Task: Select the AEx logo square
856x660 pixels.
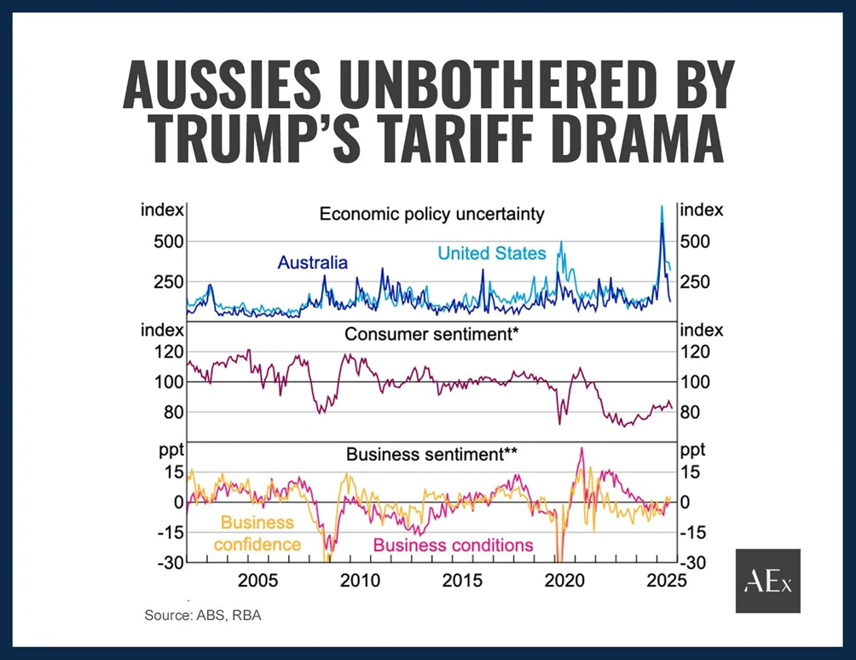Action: click(767, 581)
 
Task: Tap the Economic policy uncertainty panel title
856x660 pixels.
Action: click(431, 214)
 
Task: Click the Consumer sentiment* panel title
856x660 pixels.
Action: click(431, 334)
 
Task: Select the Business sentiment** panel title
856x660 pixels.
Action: click(431, 455)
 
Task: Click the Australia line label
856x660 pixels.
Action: click(313, 262)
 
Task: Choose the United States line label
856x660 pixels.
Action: click(491, 253)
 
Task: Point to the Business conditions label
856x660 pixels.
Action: click(453, 545)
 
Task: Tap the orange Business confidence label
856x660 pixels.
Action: click(257, 533)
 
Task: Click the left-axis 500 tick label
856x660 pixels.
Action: click(168, 241)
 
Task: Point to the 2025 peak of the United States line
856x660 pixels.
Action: click(662, 206)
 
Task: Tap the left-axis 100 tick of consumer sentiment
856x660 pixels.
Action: click(168, 382)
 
